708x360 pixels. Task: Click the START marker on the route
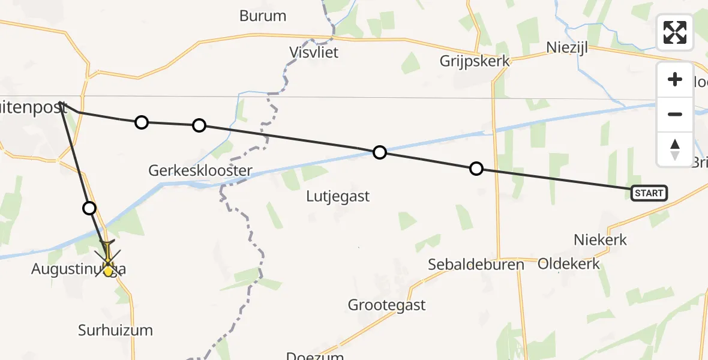[649, 193]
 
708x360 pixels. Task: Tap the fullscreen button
[675, 32]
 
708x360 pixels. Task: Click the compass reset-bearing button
[675, 149]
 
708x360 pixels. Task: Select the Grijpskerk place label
[474, 61]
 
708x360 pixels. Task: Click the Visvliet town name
[314, 52]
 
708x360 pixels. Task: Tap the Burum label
[263, 16]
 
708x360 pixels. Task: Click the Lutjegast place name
[338, 196]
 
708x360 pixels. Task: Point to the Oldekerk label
[569, 263]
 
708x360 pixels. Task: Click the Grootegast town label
[387, 305]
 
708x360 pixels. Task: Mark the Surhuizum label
[115, 329]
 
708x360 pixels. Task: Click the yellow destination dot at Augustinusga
[108, 271]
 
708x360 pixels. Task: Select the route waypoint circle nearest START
[476, 169]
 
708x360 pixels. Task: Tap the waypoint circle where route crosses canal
[379, 152]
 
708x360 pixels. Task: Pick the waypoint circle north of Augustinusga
[89, 208]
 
